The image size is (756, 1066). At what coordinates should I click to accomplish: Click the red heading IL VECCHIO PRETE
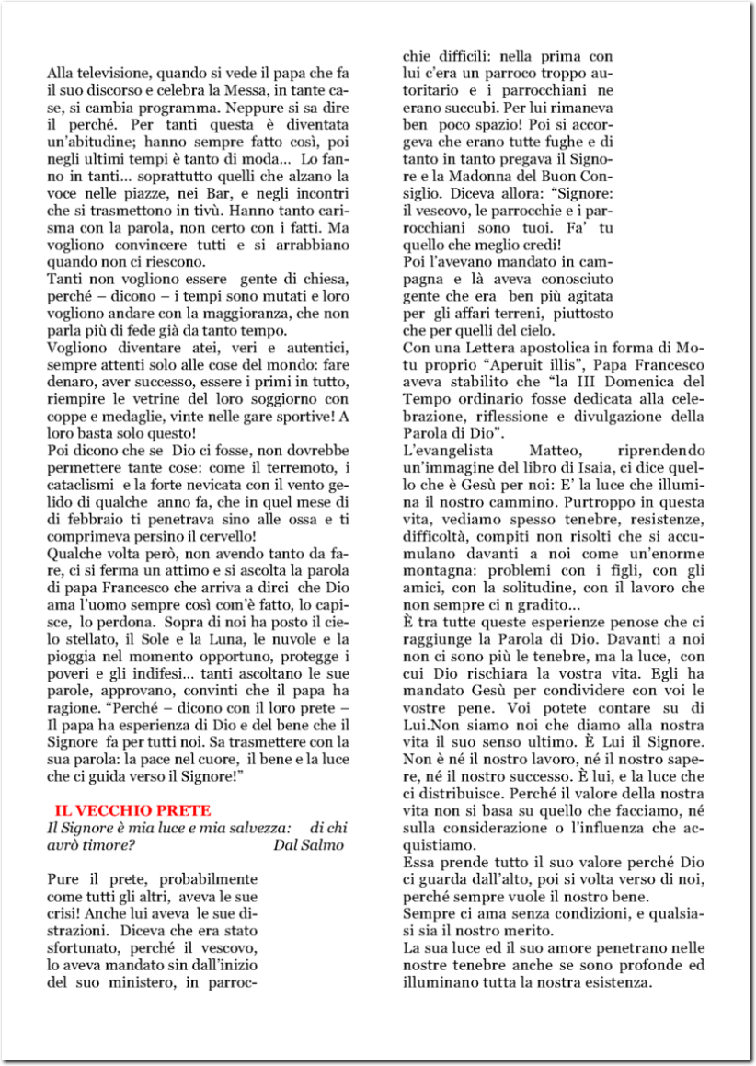pyautogui.click(x=132, y=810)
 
